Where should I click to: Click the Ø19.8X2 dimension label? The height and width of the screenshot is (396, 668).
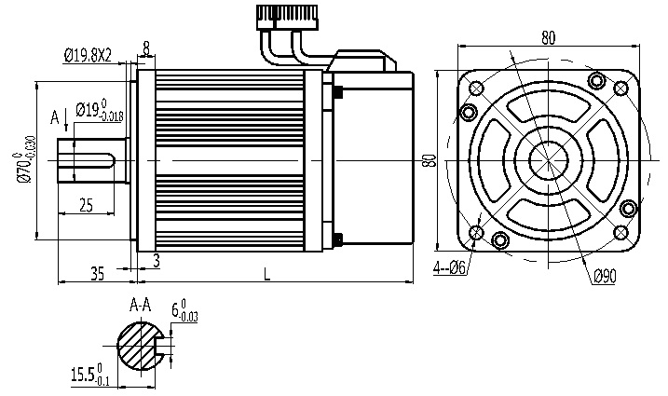89,55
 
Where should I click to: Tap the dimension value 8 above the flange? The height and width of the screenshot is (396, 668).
146,48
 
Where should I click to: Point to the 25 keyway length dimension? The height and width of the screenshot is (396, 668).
86,206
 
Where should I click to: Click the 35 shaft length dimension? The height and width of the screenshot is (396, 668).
97,273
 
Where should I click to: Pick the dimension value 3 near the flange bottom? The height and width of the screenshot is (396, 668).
157,260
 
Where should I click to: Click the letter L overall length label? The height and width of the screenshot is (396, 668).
267,274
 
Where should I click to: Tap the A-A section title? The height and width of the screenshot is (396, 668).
141,305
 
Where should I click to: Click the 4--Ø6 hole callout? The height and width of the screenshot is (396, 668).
449,267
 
